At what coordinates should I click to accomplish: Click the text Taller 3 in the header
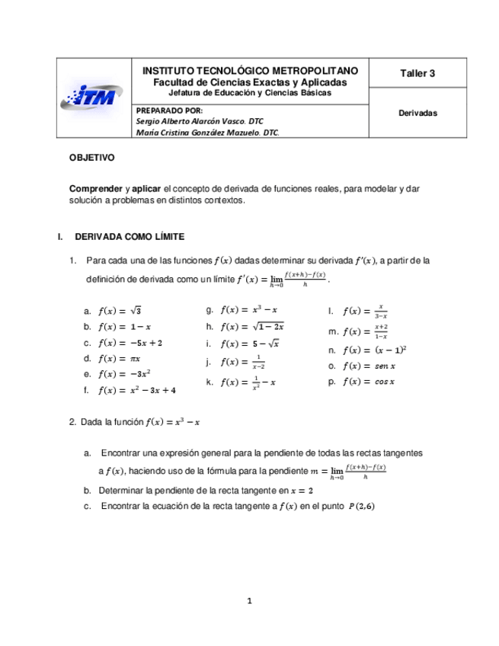coord(417,74)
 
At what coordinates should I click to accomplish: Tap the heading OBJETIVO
coord(91,159)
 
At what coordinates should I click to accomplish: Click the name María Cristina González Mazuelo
coord(206,132)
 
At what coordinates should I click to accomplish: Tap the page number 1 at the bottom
coord(249,601)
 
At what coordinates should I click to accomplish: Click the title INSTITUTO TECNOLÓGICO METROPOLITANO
coord(250,71)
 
